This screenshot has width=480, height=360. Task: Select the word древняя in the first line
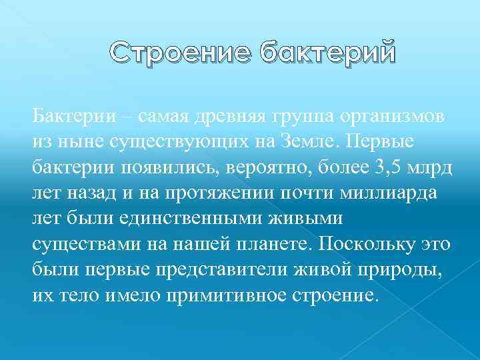click(x=208, y=115)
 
